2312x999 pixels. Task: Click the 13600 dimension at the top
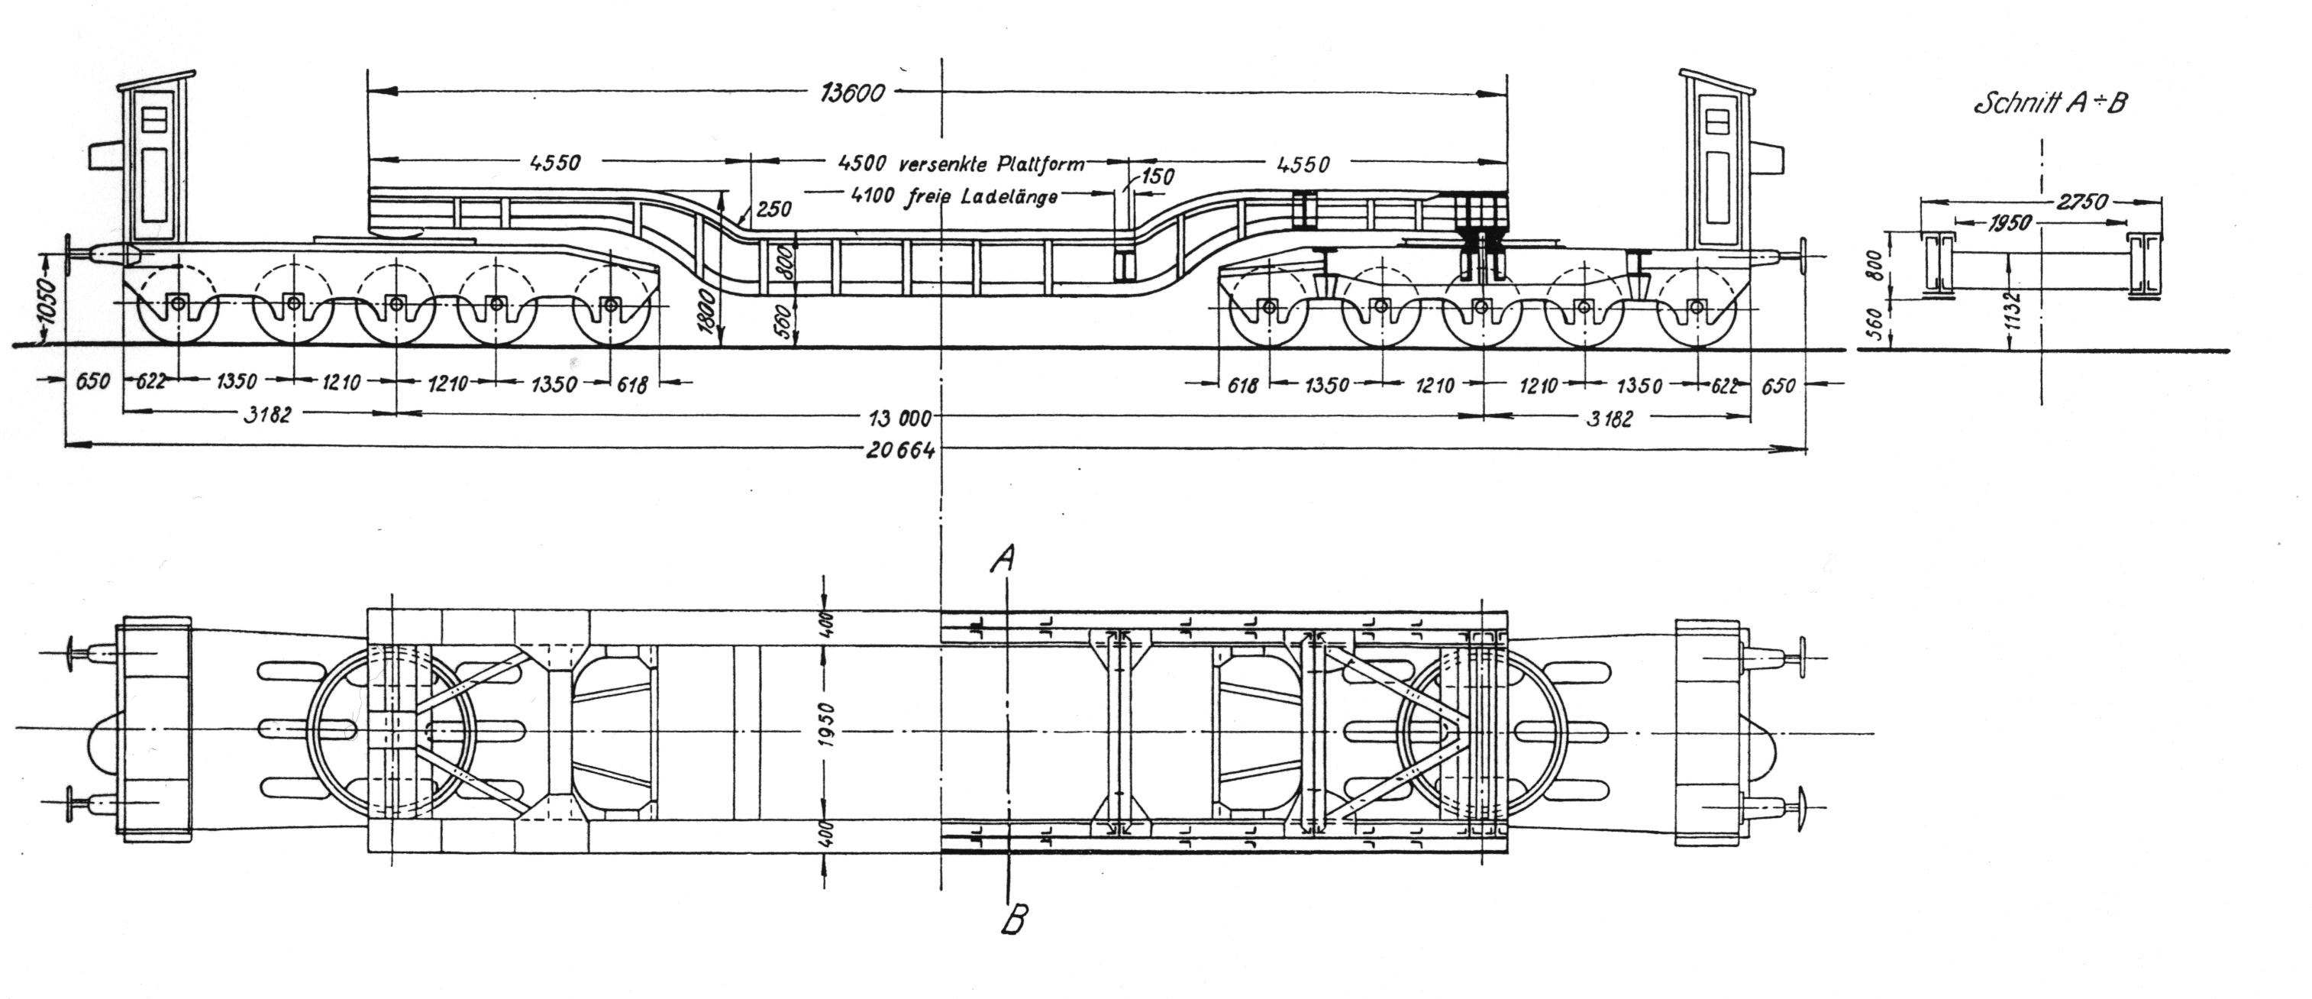[853, 93]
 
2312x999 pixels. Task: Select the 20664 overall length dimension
[900, 451]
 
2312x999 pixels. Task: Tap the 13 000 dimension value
[897, 416]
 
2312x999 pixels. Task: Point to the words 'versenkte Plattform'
[991, 164]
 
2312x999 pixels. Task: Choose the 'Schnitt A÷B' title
[2049, 104]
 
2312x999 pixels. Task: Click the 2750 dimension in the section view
[2081, 203]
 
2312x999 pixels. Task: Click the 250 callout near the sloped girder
[773, 209]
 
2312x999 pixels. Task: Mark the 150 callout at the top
[1157, 177]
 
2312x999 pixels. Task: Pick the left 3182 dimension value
[267, 415]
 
